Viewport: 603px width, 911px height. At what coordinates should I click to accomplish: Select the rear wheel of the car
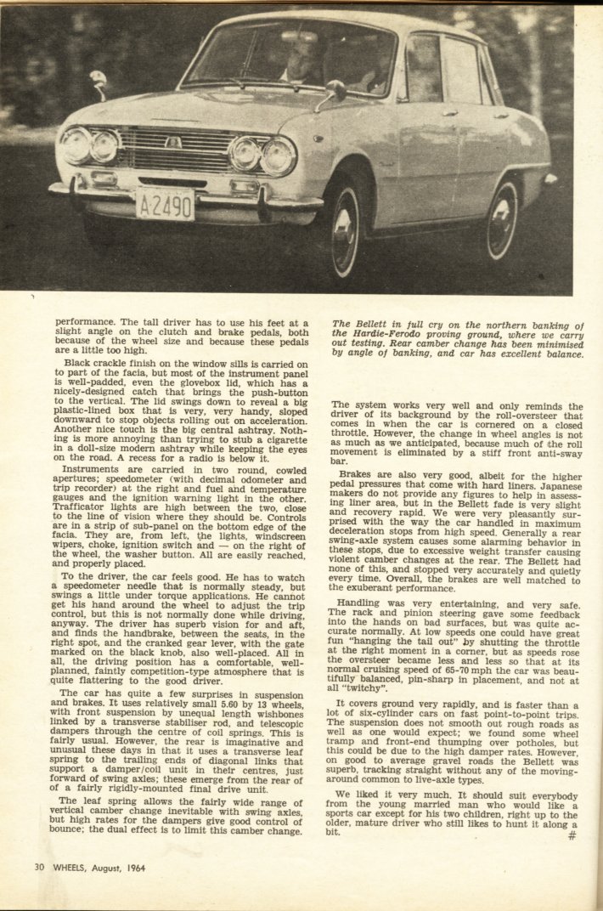(503, 218)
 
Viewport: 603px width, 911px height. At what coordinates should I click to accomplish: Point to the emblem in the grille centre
(173, 142)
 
